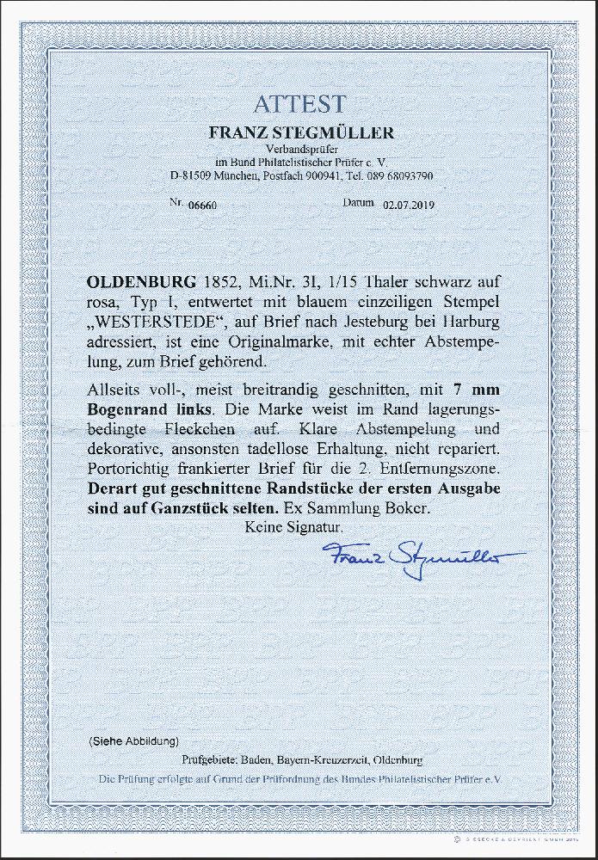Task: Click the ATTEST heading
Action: pos(299,104)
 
